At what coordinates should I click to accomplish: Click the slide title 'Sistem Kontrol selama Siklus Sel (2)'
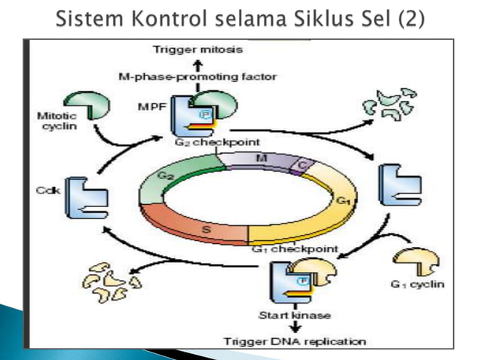(240, 17)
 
